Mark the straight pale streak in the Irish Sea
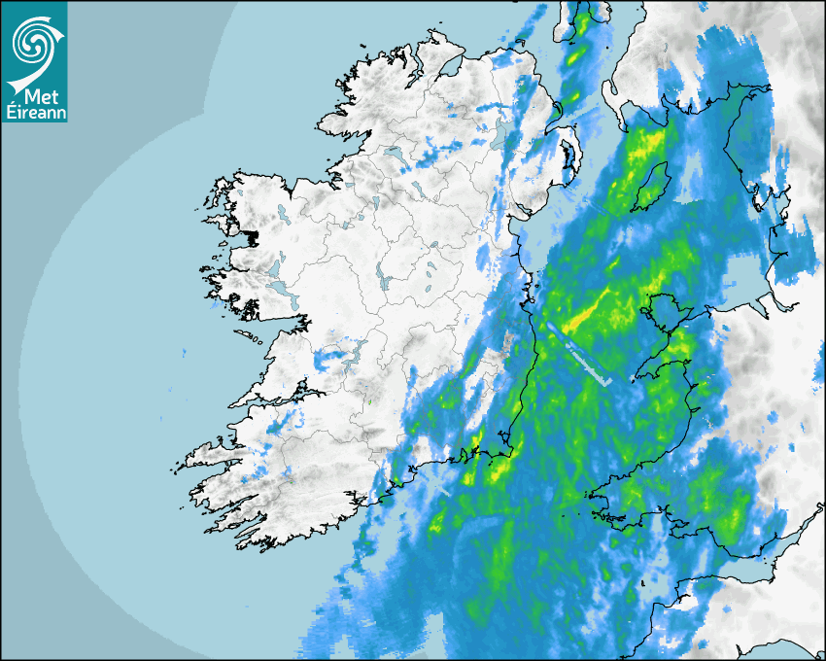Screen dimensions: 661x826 (x=579, y=356)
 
